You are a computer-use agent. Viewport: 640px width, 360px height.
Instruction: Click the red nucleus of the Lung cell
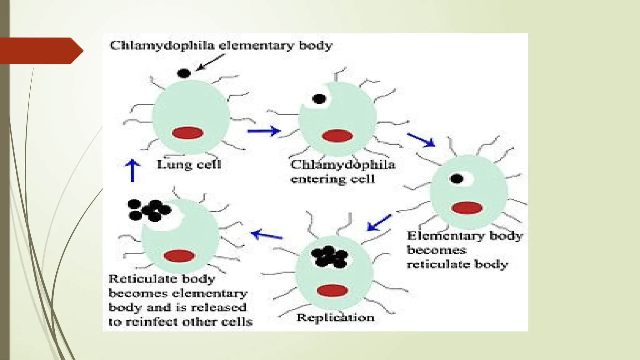coord(187,133)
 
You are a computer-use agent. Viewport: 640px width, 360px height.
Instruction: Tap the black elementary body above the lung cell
coord(184,73)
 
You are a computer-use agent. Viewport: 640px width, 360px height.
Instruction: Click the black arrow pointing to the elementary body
coord(210,62)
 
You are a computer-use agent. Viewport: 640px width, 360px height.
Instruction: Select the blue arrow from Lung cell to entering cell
coord(263,131)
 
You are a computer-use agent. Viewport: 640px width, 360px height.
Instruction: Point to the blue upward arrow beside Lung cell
coord(132,170)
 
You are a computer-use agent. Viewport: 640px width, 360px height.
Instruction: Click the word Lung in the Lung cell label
coord(170,165)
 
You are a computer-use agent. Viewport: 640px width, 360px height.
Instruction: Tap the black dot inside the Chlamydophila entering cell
coord(319,99)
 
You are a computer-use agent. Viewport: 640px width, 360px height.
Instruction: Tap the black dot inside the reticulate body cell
coord(457,179)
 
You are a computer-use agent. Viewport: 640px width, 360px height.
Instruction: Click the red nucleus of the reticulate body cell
coord(467,208)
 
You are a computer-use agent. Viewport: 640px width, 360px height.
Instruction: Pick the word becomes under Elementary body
coord(437,250)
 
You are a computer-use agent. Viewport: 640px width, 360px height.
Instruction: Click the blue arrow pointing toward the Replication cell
coord(379,222)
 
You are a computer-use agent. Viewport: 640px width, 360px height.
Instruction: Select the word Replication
coord(335,318)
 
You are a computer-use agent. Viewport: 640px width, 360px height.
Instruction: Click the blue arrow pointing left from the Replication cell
coord(266,235)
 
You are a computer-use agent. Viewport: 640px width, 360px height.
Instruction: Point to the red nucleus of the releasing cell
coord(179,256)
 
